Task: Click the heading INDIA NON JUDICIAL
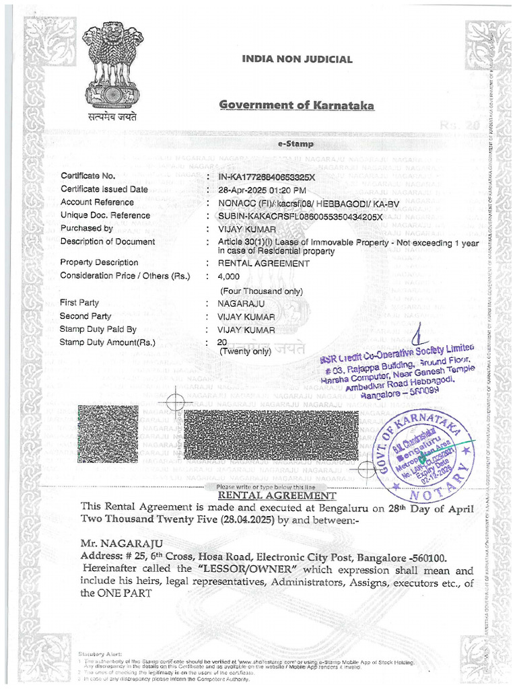tap(297, 59)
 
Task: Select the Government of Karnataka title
tap(297, 105)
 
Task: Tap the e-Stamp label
tap(291, 144)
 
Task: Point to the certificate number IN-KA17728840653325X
tap(267, 177)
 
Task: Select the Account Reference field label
tap(97, 202)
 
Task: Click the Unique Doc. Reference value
tap(300, 216)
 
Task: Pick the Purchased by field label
tap(87, 228)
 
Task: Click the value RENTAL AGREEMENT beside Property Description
tap(264, 263)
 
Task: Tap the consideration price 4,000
tap(229, 277)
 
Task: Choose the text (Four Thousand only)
tap(262, 291)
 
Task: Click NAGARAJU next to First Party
tap(241, 303)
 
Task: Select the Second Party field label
tap(85, 316)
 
